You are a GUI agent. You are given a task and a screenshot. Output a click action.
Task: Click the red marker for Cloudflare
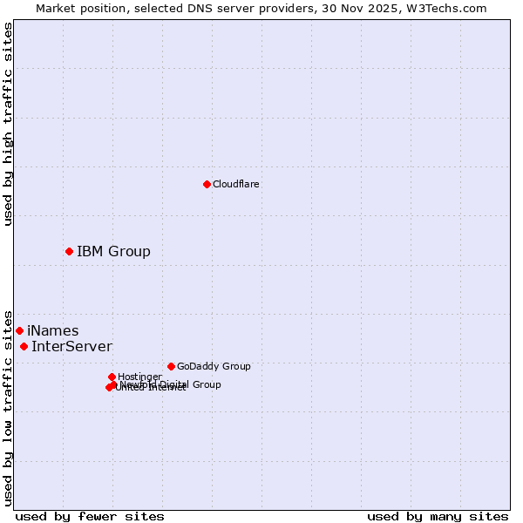[207, 184]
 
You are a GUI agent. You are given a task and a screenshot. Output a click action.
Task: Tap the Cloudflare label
[236, 184]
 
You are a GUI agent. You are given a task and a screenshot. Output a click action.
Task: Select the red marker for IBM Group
[69, 252]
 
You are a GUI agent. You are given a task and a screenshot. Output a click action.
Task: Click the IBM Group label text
[113, 252]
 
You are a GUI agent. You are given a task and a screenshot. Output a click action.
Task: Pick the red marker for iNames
[19, 330]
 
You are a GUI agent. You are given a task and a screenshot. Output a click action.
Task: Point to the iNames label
[53, 331]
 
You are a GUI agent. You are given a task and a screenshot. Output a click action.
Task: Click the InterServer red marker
[24, 347]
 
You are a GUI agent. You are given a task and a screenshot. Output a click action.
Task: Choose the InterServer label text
[71, 347]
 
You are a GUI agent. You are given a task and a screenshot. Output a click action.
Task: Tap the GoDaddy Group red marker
[171, 366]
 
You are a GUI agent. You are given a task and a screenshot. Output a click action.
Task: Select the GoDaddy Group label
[214, 366]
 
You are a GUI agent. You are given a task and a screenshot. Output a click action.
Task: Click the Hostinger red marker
[112, 377]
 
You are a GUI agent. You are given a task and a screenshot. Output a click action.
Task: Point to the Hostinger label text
[139, 377]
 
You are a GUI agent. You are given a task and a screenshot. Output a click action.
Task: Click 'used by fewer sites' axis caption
[90, 516]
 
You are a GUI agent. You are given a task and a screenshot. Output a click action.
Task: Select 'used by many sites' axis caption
[438, 516]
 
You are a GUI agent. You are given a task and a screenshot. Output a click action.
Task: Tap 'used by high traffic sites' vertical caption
[8, 124]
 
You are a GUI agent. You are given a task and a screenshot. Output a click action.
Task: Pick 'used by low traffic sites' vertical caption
[8, 407]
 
